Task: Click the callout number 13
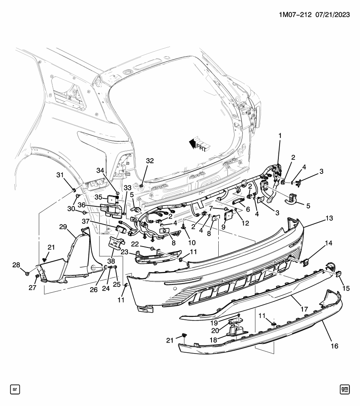coord(329,218)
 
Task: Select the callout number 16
coord(334,346)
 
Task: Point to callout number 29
coord(63,228)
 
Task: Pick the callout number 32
coord(150,161)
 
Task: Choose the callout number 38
coord(111,261)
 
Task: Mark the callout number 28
coord(16,265)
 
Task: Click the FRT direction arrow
coord(198,144)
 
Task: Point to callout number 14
coord(329,244)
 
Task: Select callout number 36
coord(93,205)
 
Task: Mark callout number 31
coord(60,176)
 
